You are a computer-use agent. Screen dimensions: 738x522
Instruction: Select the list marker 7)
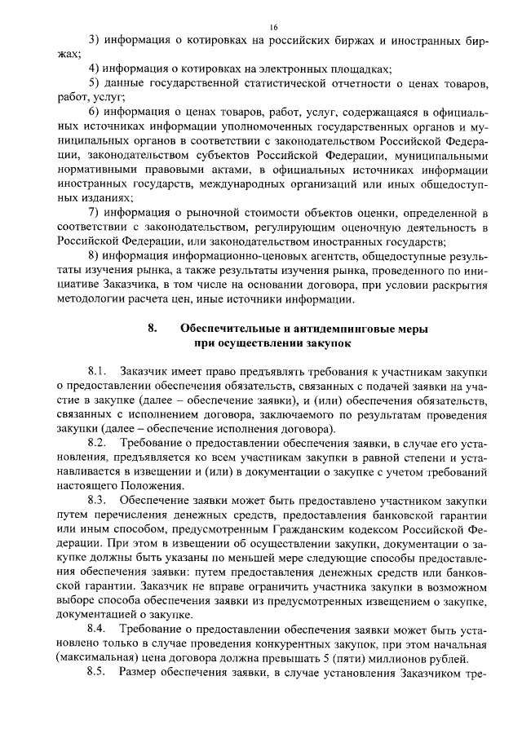pyautogui.click(x=93, y=214)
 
